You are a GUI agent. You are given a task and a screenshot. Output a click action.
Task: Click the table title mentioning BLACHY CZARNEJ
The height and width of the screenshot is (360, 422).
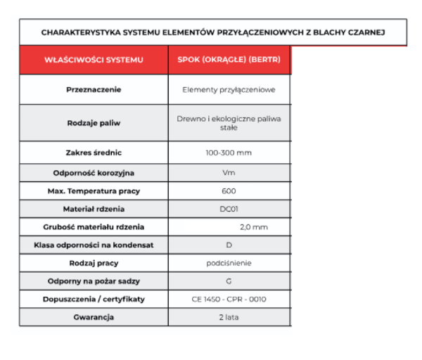[213, 32]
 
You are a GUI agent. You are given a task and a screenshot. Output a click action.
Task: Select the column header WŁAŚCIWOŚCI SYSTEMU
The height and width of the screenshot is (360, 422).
[94, 60]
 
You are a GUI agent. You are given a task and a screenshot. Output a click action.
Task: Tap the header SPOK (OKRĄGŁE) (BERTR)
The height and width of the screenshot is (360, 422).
[229, 60]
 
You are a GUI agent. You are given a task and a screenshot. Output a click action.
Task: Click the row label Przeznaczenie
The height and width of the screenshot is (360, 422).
[94, 90]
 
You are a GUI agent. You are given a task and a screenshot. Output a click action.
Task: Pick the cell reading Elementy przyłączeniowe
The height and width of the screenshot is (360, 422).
[229, 90]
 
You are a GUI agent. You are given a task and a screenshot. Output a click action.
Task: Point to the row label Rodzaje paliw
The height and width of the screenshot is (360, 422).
[94, 123]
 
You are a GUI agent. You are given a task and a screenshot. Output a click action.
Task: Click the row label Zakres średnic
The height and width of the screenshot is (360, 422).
[94, 153]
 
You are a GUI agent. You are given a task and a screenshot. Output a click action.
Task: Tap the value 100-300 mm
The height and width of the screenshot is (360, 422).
[229, 153]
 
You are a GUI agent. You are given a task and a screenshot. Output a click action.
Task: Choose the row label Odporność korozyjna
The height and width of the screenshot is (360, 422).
[94, 172]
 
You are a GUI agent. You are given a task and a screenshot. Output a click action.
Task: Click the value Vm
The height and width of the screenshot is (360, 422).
[229, 172]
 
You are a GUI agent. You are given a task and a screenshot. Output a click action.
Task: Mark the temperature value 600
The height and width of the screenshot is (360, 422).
[229, 191]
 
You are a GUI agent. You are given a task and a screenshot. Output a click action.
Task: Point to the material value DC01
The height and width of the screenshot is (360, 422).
[229, 209]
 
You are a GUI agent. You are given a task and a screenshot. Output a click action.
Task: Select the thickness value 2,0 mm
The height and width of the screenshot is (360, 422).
[253, 227]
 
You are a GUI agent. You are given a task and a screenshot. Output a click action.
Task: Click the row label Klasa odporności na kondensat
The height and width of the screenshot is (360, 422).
[94, 245]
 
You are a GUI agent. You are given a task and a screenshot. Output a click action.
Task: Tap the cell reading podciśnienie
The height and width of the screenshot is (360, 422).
[229, 263]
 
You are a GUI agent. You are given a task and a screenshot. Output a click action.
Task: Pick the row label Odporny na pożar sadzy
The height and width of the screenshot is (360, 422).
[94, 281]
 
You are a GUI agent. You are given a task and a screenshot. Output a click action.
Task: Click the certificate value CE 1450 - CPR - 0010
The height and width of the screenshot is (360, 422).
[229, 300]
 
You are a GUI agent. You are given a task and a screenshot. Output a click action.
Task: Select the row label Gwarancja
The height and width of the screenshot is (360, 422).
[94, 317]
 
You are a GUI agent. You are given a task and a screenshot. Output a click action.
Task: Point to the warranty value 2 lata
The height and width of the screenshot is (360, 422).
[229, 317]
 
